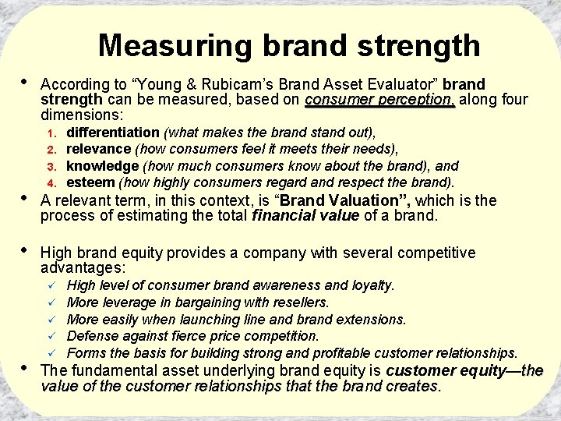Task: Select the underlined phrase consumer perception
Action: pos(379,100)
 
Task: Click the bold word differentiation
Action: pos(112,133)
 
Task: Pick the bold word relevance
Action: pos(99,149)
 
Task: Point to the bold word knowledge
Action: pos(101,166)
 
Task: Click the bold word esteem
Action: pos(90,182)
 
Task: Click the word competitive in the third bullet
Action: pos(433,253)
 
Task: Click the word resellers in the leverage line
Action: pos(302,302)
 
